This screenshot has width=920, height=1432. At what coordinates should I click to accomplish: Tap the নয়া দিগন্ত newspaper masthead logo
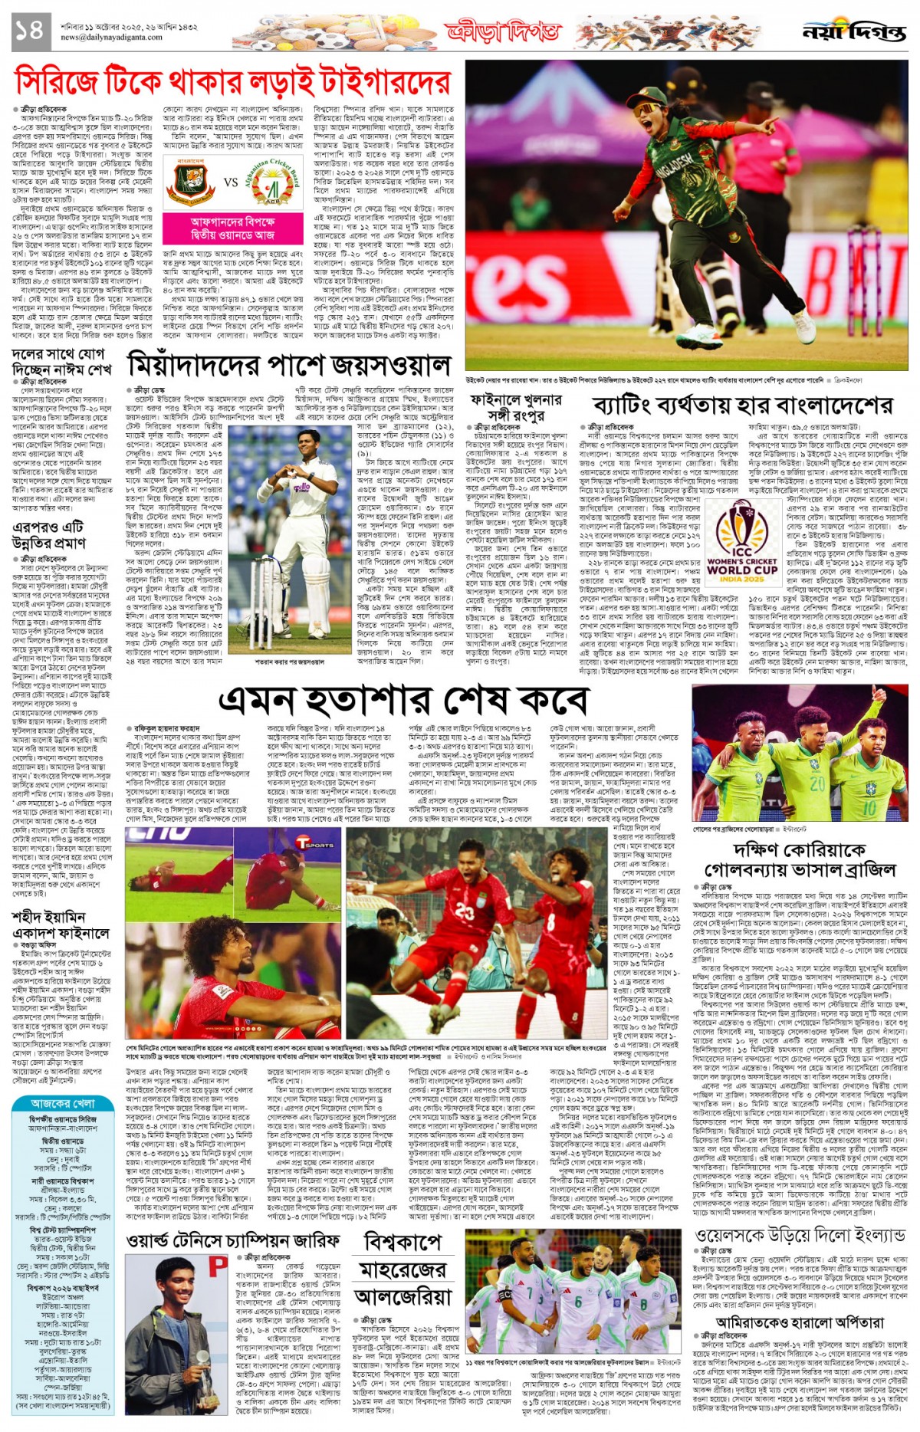[853, 32]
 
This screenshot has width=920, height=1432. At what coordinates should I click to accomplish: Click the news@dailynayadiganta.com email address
[111, 37]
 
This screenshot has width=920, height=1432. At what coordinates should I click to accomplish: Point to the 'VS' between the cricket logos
[231, 183]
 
